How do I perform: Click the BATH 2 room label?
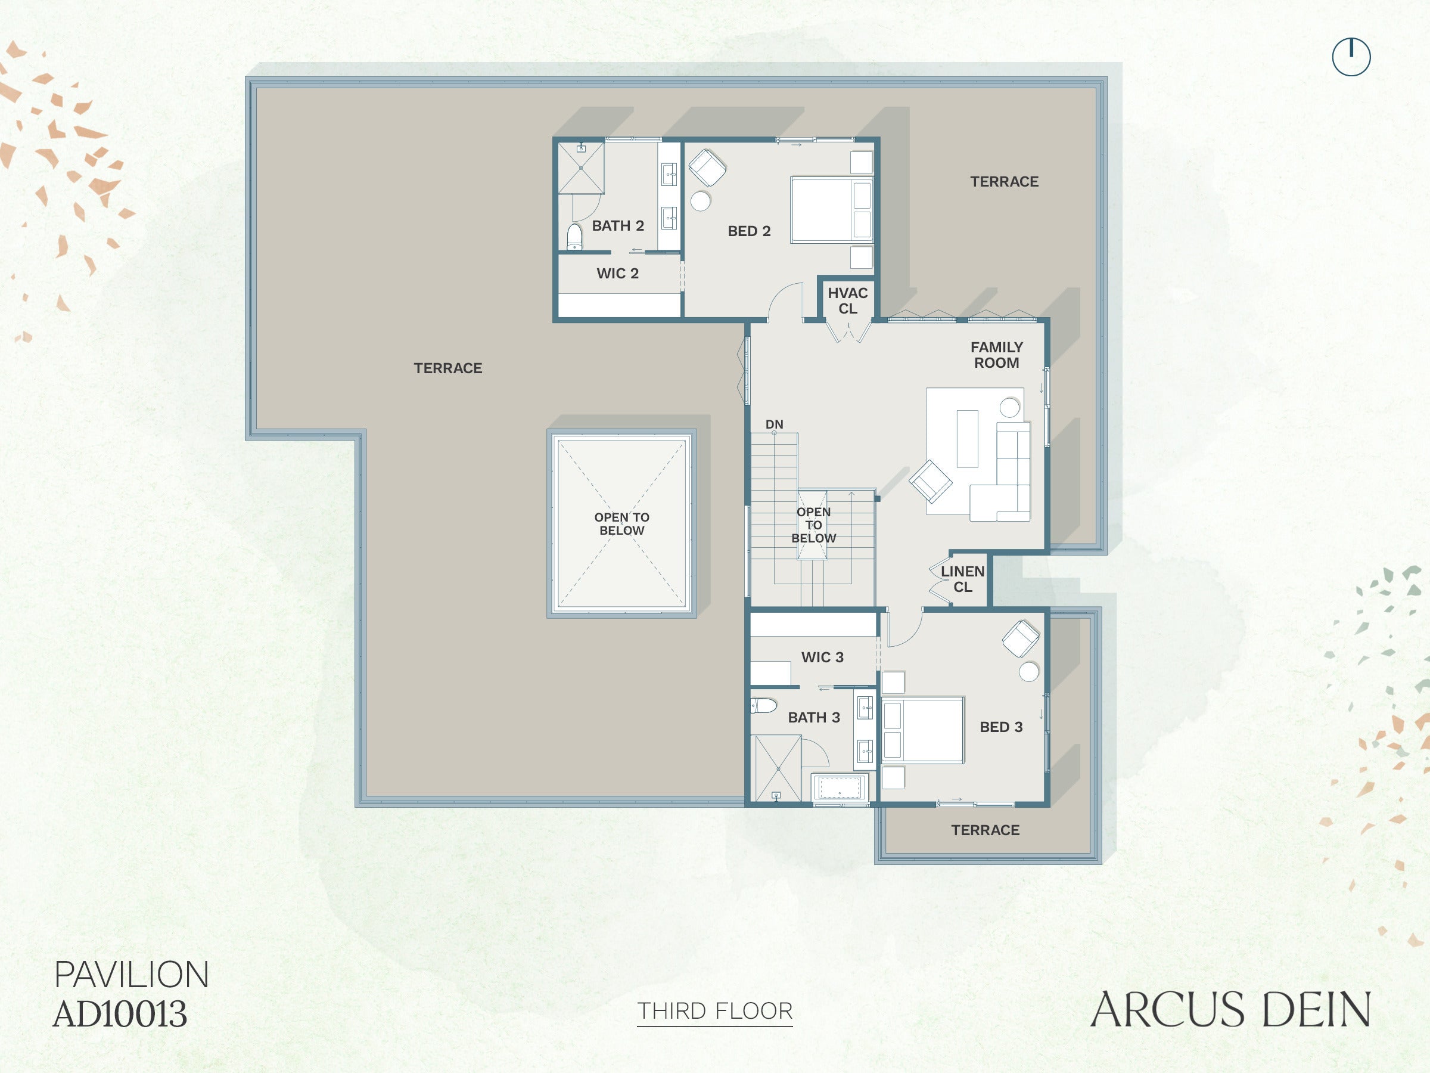pyautogui.click(x=618, y=226)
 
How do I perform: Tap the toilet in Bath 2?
pyautogui.click(x=574, y=237)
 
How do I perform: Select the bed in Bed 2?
pyautogui.click(x=831, y=210)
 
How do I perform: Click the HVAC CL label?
pyautogui.click(x=847, y=301)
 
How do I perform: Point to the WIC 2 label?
pyautogui.click(x=617, y=274)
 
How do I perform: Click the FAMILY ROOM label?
pyautogui.click(x=996, y=355)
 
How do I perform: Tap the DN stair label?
pyautogui.click(x=775, y=424)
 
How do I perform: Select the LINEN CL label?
pyautogui.click(x=963, y=579)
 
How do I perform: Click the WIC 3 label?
pyautogui.click(x=822, y=657)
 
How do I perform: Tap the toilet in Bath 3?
pyautogui.click(x=763, y=705)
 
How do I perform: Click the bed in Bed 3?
pyautogui.click(x=922, y=730)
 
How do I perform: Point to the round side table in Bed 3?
pyautogui.click(x=1028, y=671)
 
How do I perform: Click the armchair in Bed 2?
pyautogui.click(x=707, y=168)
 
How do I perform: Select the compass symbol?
pyautogui.click(x=1351, y=57)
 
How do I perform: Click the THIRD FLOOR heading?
pyautogui.click(x=715, y=1011)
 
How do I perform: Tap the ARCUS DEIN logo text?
pyautogui.click(x=1230, y=1010)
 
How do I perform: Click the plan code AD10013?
pyautogui.click(x=120, y=1014)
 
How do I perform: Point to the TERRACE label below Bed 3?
pyautogui.click(x=986, y=830)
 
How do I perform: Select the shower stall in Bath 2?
pyautogui.click(x=581, y=168)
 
